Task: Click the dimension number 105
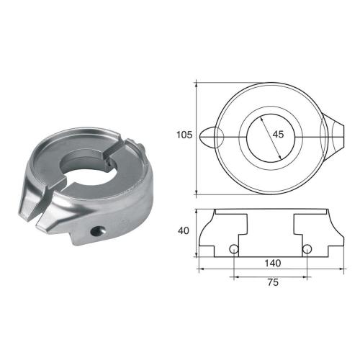click(185, 134)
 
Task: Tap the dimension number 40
click(185, 232)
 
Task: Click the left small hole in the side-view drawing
click(234, 249)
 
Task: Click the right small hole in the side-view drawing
click(307, 249)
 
